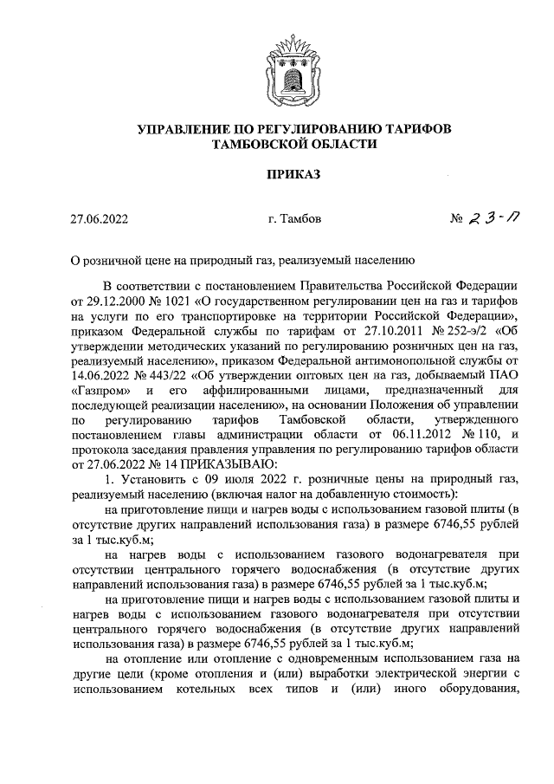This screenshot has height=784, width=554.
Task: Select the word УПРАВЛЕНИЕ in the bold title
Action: [177, 129]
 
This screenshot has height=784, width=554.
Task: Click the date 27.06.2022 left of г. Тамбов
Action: [100, 220]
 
